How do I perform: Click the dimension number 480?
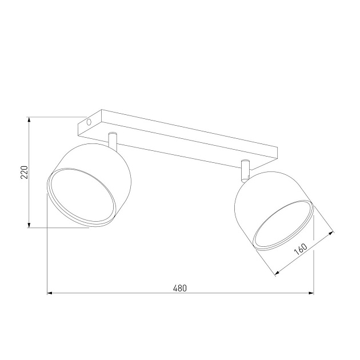(179, 288)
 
